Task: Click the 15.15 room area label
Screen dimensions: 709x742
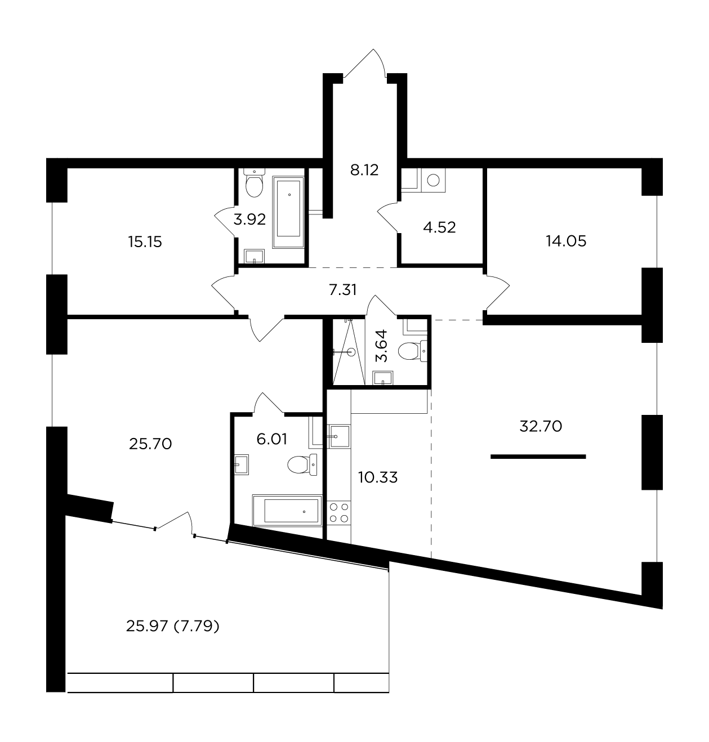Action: pyautogui.click(x=145, y=242)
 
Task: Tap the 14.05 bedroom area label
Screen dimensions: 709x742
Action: pyautogui.click(x=566, y=241)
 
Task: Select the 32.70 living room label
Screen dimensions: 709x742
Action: pyautogui.click(x=541, y=426)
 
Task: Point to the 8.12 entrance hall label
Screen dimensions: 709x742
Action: pyautogui.click(x=364, y=169)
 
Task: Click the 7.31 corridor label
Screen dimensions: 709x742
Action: pyautogui.click(x=342, y=290)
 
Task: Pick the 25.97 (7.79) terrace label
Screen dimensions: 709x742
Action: pyautogui.click(x=172, y=625)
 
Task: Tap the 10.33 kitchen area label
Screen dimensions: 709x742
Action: pyautogui.click(x=377, y=477)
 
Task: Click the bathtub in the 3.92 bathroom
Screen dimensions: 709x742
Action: pyautogui.click(x=288, y=212)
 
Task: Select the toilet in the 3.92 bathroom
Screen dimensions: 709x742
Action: pyautogui.click(x=254, y=184)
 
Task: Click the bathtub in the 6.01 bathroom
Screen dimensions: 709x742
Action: pyautogui.click(x=287, y=510)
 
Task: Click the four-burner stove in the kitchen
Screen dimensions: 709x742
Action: pyautogui.click(x=339, y=512)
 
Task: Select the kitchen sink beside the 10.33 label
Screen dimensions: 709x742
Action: pyautogui.click(x=339, y=436)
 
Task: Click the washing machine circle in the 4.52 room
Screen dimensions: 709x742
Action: pyautogui.click(x=433, y=180)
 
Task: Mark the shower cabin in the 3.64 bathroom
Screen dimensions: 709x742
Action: pyautogui.click(x=349, y=351)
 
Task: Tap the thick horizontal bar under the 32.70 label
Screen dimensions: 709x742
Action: pyautogui.click(x=538, y=457)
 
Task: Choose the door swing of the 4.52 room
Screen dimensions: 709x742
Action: pyautogui.click(x=388, y=217)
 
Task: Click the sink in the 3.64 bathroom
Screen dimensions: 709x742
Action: pyautogui.click(x=383, y=378)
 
